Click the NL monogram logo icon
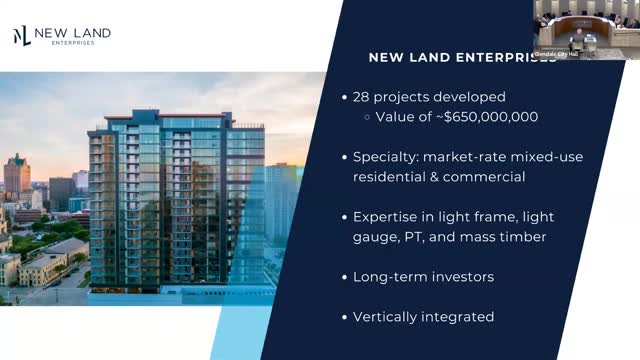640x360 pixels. [x=21, y=36]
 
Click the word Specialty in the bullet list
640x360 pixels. [x=384, y=157]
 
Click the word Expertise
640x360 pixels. [x=386, y=216]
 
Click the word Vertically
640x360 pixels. [x=387, y=316]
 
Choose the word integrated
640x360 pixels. [x=459, y=316]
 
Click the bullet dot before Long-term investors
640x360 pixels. [x=344, y=276]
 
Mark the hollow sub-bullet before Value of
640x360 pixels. [x=366, y=117]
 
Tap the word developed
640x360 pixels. [x=471, y=97]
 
